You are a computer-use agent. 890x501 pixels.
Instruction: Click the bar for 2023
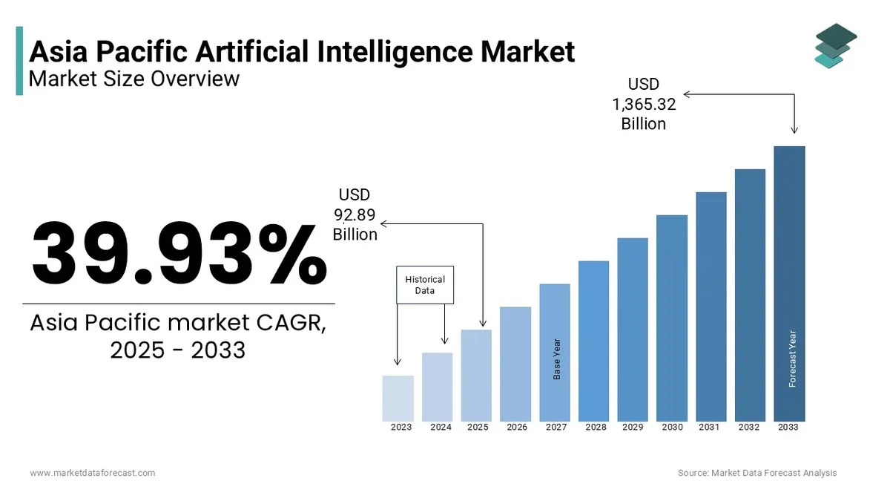398,399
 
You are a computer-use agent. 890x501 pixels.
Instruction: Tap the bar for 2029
633,330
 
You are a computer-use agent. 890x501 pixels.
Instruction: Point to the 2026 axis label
517,428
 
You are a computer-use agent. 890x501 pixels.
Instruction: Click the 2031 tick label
709,428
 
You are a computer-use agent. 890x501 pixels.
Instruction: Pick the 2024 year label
441,428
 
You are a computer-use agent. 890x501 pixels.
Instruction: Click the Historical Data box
425,285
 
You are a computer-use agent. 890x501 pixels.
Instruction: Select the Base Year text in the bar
557,359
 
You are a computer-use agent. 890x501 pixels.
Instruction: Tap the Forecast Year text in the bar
792,358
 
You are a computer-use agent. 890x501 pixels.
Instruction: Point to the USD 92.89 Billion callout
355,215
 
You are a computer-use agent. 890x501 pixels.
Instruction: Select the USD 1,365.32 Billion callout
644,104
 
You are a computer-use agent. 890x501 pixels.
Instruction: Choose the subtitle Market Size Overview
134,78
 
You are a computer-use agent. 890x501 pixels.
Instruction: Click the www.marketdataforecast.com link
93,473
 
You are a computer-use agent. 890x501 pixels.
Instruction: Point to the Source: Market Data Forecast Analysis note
757,473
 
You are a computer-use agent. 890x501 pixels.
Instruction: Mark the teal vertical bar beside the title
19,61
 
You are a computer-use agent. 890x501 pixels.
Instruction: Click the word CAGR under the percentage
285,324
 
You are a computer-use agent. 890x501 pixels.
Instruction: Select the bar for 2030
672,318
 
